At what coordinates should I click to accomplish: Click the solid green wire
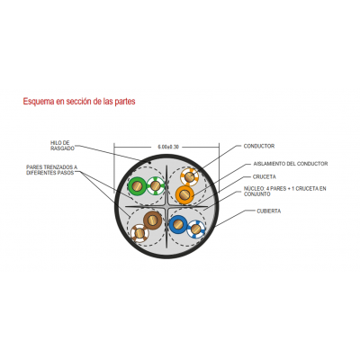pos(137,186)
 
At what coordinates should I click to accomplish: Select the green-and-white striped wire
pos(156,186)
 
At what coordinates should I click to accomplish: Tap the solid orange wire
pos(184,195)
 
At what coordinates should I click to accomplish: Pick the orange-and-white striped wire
pos(189,177)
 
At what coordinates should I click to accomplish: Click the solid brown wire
pos(153,220)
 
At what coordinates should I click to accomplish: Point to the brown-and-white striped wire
pos(139,233)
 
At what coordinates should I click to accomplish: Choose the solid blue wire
pos(178,224)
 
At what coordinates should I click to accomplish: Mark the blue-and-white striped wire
pos(196,229)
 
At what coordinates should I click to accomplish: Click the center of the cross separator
pos(166,206)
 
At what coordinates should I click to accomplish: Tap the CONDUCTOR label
pos(259,146)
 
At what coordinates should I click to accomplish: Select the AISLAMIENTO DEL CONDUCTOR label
pos(291,164)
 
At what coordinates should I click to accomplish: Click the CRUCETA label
pos(265,177)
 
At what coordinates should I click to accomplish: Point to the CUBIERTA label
pos(269,211)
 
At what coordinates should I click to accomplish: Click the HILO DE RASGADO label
pos(62,146)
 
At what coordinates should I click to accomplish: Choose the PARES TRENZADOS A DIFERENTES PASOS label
pos(52,170)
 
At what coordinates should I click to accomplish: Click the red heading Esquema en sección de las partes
pos(79,102)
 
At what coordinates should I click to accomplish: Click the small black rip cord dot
pos(149,162)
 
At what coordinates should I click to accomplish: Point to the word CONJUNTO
pos(257,194)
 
